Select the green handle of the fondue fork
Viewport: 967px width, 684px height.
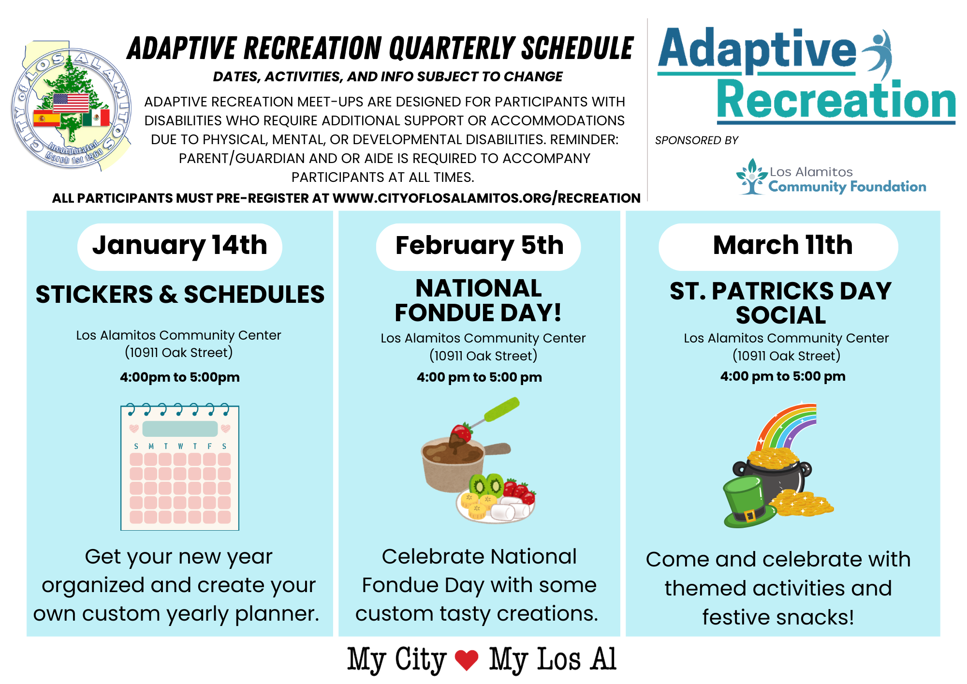tap(502, 409)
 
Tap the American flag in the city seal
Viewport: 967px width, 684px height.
tap(71, 103)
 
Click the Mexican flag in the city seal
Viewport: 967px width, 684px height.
tap(96, 118)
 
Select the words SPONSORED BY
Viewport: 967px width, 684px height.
tap(696, 140)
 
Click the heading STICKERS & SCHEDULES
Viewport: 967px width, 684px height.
tap(180, 295)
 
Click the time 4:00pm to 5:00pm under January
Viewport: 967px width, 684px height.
tap(179, 377)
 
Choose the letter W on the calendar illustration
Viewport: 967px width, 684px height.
tap(180, 446)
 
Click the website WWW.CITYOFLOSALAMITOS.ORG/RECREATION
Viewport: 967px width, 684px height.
tap(486, 198)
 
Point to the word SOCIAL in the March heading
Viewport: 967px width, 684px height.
tap(780, 315)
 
